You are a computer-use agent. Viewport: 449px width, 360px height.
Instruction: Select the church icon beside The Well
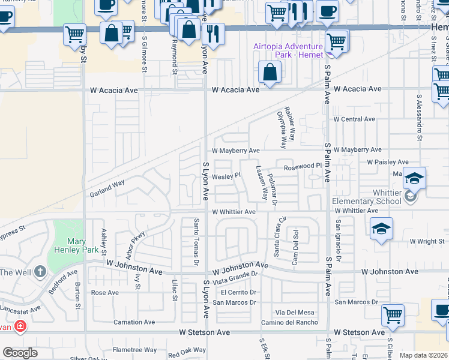[40, 272]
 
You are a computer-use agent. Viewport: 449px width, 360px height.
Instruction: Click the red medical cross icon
[20, 326]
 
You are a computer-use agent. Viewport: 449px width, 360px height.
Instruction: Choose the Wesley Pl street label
[226, 176]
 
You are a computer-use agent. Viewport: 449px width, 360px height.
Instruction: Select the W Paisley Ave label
[388, 162]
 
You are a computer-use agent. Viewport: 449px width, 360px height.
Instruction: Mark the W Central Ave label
[354, 119]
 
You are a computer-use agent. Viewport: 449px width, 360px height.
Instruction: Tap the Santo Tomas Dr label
[196, 241]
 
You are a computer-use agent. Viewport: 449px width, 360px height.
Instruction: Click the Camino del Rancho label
[289, 323]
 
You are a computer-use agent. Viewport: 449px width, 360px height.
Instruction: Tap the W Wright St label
[426, 241]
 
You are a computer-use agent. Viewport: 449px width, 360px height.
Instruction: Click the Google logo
[20, 353]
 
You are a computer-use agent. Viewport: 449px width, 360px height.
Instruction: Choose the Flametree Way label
[135, 350]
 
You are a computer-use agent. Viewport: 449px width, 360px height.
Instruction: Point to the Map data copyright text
[423, 355]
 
